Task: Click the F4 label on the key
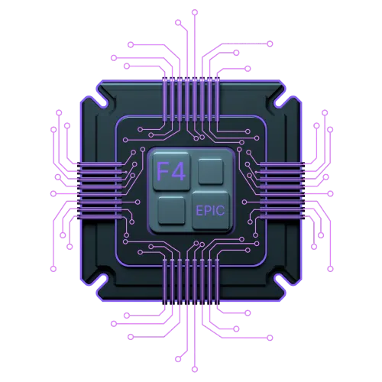click(x=171, y=171)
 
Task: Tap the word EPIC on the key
click(x=210, y=211)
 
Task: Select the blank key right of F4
click(x=210, y=171)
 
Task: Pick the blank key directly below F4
click(x=171, y=210)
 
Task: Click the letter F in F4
click(x=163, y=171)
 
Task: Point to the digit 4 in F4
click(x=178, y=171)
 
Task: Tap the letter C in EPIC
click(x=221, y=211)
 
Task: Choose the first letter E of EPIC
click(x=199, y=211)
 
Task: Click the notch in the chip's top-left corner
click(x=102, y=101)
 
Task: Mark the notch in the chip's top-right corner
click(x=280, y=101)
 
